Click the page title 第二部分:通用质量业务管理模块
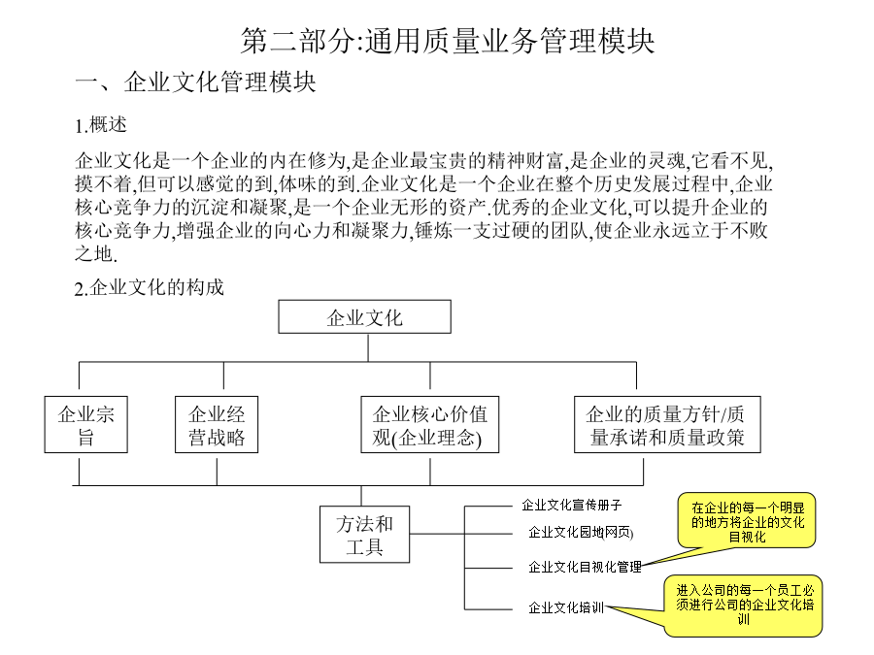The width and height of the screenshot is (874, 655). click(447, 41)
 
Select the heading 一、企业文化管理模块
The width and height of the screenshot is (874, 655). click(195, 82)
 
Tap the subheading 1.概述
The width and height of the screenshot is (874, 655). click(101, 125)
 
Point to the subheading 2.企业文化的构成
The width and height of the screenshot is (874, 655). click(150, 288)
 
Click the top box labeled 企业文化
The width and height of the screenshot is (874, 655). click(364, 317)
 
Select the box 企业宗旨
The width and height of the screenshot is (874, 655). click(85, 424)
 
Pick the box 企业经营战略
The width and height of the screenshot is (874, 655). click(217, 424)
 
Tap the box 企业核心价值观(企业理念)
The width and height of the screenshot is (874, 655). click(430, 424)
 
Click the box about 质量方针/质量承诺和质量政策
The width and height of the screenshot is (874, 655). click(667, 424)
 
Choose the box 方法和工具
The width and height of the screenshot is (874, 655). click(364, 534)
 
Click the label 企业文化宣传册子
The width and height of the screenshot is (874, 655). click(572, 506)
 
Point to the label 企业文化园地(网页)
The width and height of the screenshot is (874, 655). click(581, 533)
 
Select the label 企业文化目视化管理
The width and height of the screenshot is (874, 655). click(585, 567)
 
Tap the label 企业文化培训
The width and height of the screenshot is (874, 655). click(566, 607)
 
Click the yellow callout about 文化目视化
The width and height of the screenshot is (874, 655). click(747, 521)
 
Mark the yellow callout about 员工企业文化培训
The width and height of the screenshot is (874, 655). click(744, 606)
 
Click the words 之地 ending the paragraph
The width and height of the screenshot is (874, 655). click(94, 254)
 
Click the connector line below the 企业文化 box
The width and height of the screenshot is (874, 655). click(368, 347)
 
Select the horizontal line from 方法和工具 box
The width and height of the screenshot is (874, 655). click(437, 534)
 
